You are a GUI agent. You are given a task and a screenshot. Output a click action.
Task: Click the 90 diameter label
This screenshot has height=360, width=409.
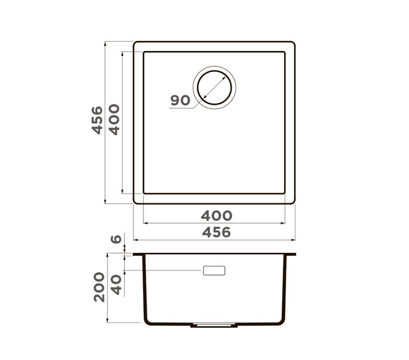pos(180,100)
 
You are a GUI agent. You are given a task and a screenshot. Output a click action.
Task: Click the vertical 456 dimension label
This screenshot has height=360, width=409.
pos(97,120)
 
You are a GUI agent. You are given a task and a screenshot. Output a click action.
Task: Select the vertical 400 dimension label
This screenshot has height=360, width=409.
pos(114,119)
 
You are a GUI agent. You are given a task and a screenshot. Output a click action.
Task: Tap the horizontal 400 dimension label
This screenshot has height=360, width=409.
pos(216,215)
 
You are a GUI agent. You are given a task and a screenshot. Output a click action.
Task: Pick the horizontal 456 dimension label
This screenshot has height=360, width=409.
pos(216,232)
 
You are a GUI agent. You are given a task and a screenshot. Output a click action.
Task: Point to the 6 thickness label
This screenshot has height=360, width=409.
pos(116,239)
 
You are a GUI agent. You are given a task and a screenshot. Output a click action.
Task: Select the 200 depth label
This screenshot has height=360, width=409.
pos(99,287)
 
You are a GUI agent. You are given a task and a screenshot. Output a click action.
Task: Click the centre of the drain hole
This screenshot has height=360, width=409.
pos(214,88)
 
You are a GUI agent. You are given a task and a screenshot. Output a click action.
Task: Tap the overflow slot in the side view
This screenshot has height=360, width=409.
pos(214,270)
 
